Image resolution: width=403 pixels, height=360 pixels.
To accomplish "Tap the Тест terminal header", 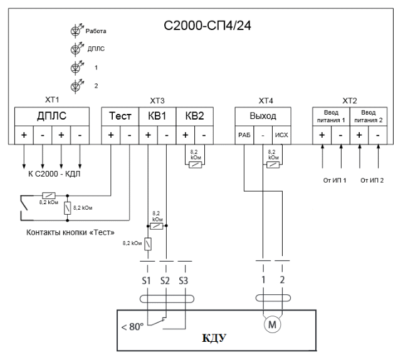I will coord(120,116).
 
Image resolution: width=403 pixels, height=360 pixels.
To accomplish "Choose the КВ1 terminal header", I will coord(157,116).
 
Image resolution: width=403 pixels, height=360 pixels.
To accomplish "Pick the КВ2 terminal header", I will coord(194,116).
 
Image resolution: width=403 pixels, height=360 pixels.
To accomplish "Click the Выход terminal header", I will coord(263,116).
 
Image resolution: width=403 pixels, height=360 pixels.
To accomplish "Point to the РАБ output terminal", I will coord(244,135).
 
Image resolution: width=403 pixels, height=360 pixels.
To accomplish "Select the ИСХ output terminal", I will coord(282,135).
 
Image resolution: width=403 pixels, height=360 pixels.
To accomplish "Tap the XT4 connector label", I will coord(265,101).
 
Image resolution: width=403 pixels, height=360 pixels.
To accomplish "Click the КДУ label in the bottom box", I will coord(214,339).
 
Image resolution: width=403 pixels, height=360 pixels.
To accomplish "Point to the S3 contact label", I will coord(184,280).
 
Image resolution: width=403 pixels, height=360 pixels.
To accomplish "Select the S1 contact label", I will coord(146,280).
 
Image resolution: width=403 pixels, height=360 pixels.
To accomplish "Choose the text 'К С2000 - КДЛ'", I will coord(55,173).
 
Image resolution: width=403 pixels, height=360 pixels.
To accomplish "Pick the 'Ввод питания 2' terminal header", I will coord(368,116).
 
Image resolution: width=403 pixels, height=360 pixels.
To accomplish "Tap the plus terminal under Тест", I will coord(111,135).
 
